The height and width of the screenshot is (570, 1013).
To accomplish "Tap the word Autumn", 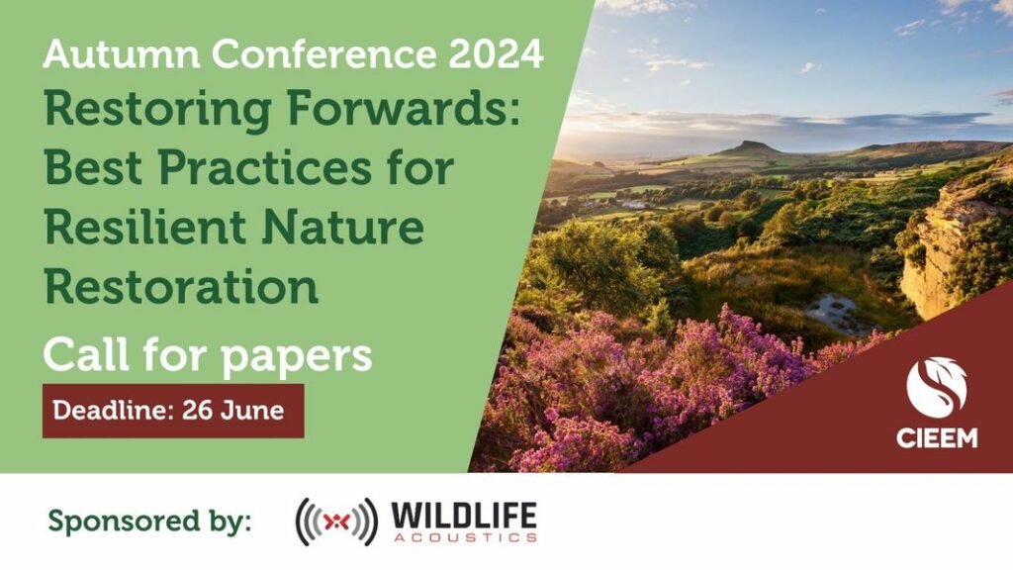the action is [122, 53].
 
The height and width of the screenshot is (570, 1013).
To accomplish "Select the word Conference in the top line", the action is [323, 53].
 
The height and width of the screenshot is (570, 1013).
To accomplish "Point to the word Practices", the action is [265, 167].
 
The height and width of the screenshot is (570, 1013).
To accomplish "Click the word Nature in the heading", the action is [343, 227].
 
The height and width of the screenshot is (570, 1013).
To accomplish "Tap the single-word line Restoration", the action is [182, 286].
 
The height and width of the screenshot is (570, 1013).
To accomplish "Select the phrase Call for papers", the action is [208, 355].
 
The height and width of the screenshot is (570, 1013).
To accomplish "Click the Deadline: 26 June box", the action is [173, 411].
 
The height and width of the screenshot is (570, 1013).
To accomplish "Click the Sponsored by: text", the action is [150, 521].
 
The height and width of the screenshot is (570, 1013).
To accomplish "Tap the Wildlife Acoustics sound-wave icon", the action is [336, 522].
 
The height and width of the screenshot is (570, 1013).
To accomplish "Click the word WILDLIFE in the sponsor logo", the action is [464, 517].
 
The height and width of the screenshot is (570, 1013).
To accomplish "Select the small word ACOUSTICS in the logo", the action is [465, 537].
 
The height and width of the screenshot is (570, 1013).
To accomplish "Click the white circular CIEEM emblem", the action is [937, 388].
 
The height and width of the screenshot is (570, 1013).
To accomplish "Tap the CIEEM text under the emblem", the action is [937, 438].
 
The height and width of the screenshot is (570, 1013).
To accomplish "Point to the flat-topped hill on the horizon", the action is [750, 148].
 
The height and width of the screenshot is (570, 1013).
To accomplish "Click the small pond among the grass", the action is [833, 310].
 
